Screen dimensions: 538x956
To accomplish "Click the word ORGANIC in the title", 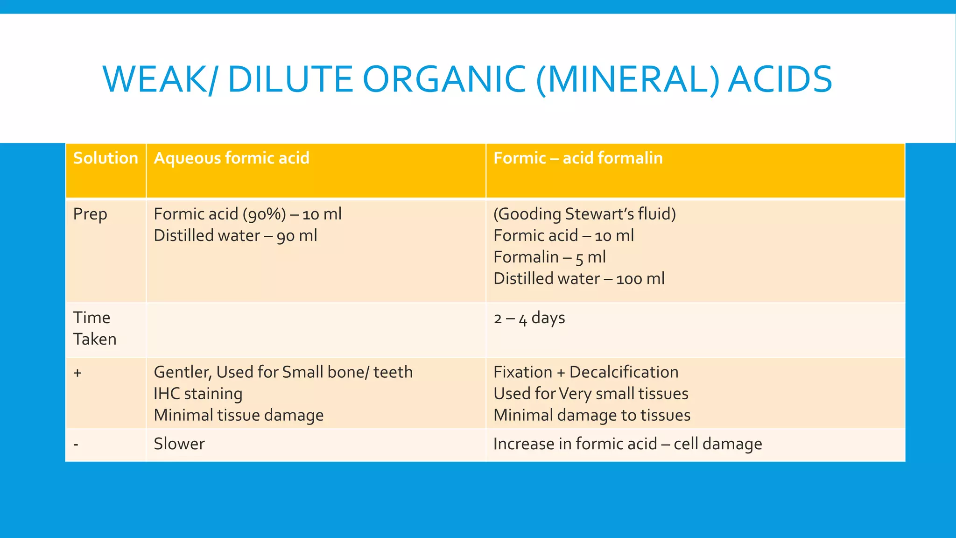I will click(x=444, y=79).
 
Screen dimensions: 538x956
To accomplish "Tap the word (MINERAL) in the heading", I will click(x=628, y=79).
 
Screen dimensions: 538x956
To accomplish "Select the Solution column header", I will click(x=105, y=158).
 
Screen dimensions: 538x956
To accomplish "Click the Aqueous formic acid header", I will click(x=232, y=158).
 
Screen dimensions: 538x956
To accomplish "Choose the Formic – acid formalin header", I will click(x=578, y=158).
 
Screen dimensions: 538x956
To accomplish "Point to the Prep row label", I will click(x=90, y=214).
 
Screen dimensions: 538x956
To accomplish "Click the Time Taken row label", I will click(x=95, y=328).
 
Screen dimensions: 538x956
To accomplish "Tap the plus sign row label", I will click(x=77, y=373).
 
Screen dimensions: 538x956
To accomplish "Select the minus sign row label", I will click(x=76, y=444).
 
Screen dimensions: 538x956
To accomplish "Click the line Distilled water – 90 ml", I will click(x=235, y=236).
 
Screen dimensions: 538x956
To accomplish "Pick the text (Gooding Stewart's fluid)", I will click(x=584, y=214).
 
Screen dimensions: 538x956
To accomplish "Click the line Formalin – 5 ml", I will click(x=549, y=257).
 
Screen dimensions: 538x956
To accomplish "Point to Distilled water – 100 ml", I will click(x=579, y=279).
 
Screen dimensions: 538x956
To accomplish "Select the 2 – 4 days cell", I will click(x=529, y=319).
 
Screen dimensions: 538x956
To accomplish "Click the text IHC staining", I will click(x=198, y=394).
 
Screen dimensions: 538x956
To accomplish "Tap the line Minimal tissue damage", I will click(x=239, y=415).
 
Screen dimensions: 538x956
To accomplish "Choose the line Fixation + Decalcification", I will click(x=586, y=372).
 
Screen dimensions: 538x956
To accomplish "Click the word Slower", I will click(x=179, y=444).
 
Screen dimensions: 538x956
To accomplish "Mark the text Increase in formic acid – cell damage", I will click(x=627, y=444).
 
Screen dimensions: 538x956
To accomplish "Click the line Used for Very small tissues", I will click(x=590, y=394).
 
